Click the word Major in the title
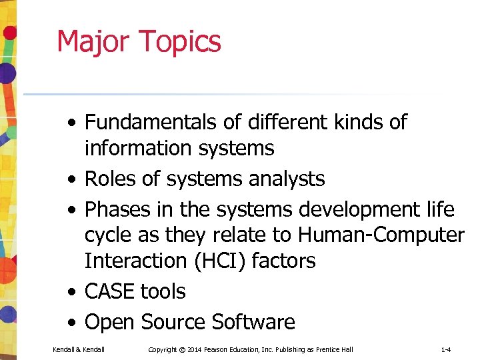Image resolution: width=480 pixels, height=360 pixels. pos(93,41)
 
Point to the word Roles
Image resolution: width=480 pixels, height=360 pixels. pos(114,179)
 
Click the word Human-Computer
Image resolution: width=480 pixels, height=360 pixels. pos(381,235)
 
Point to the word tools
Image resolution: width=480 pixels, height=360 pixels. pos(163,291)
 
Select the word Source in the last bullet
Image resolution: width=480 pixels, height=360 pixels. pos(174,322)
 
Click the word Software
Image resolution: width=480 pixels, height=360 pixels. pos(253,322)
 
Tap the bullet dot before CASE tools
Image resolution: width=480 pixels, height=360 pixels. pos(71,292)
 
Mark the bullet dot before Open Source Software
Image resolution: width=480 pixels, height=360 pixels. pos(71,323)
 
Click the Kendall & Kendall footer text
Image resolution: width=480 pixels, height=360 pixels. pos(79,349)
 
